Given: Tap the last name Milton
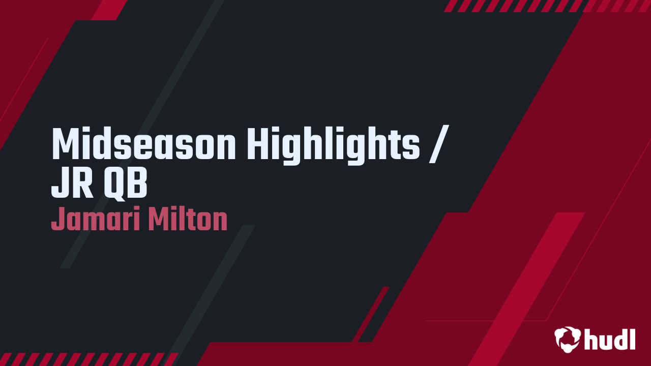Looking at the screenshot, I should [x=187, y=220].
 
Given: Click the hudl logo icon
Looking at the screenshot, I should [x=567, y=339].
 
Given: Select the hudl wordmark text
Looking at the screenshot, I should [x=610, y=339].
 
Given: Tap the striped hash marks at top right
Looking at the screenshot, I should [x=547, y=6].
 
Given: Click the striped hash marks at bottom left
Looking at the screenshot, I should [x=89, y=359].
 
